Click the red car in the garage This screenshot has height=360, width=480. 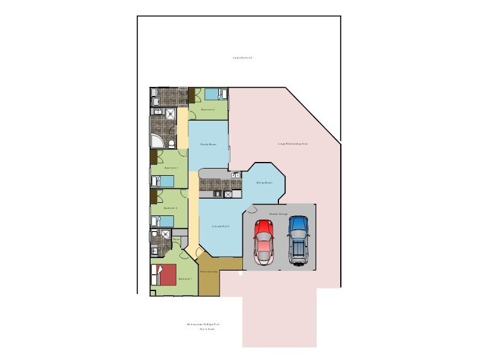tap(264, 241)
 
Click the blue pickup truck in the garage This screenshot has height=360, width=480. tap(298, 239)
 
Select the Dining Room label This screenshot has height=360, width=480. tap(265, 182)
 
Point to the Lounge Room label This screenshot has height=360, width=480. tap(221, 226)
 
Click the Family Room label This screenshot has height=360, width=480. tap(208, 145)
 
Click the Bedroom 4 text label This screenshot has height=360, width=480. tap(208, 110)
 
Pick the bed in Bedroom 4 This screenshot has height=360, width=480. tap(215, 94)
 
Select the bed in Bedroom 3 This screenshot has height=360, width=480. tap(163, 181)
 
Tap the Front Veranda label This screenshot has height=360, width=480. tap(208, 272)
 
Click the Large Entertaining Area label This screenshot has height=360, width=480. tap(292, 144)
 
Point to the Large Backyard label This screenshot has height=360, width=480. tap(242, 58)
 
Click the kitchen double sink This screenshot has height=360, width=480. tap(236, 175)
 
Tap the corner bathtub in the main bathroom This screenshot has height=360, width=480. tap(157, 142)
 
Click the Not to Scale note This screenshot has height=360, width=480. tap(206, 329)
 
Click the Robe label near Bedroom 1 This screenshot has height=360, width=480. tap(176, 240)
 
